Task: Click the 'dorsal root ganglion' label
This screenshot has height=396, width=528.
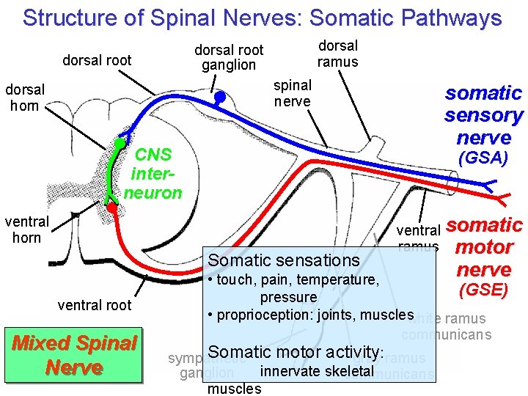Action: pyautogui.click(x=229, y=57)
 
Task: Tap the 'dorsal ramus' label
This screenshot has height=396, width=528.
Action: pyautogui.click(x=337, y=54)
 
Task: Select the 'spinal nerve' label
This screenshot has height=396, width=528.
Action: pyautogui.click(x=293, y=93)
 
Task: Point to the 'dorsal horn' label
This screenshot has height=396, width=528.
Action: pyautogui.click(x=25, y=97)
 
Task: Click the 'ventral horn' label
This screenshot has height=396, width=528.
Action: pyautogui.click(x=26, y=229)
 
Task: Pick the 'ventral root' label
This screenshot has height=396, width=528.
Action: pyautogui.click(x=95, y=305)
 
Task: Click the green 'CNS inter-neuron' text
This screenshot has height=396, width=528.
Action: pyautogui.click(x=155, y=174)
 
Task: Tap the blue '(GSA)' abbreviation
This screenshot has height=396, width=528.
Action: pyautogui.click(x=483, y=158)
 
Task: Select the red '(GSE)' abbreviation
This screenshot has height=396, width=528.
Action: pyautogui.click(x=483, y=290)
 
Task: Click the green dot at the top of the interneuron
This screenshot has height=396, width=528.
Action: pyautogui.click(x=118, y=142)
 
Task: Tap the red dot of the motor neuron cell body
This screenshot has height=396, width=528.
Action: pyautogui.click(x=111, y=208)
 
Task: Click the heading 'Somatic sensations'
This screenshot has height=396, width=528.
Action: pyautogui.click(x=284, y=260)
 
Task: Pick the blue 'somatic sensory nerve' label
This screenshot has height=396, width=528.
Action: pyautogui.click(x=483, y=114)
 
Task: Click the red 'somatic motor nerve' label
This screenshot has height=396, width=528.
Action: pyautogui.click(x=484, y=246)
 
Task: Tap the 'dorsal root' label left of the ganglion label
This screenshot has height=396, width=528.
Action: pyautogui.click(x=97, y=60)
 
